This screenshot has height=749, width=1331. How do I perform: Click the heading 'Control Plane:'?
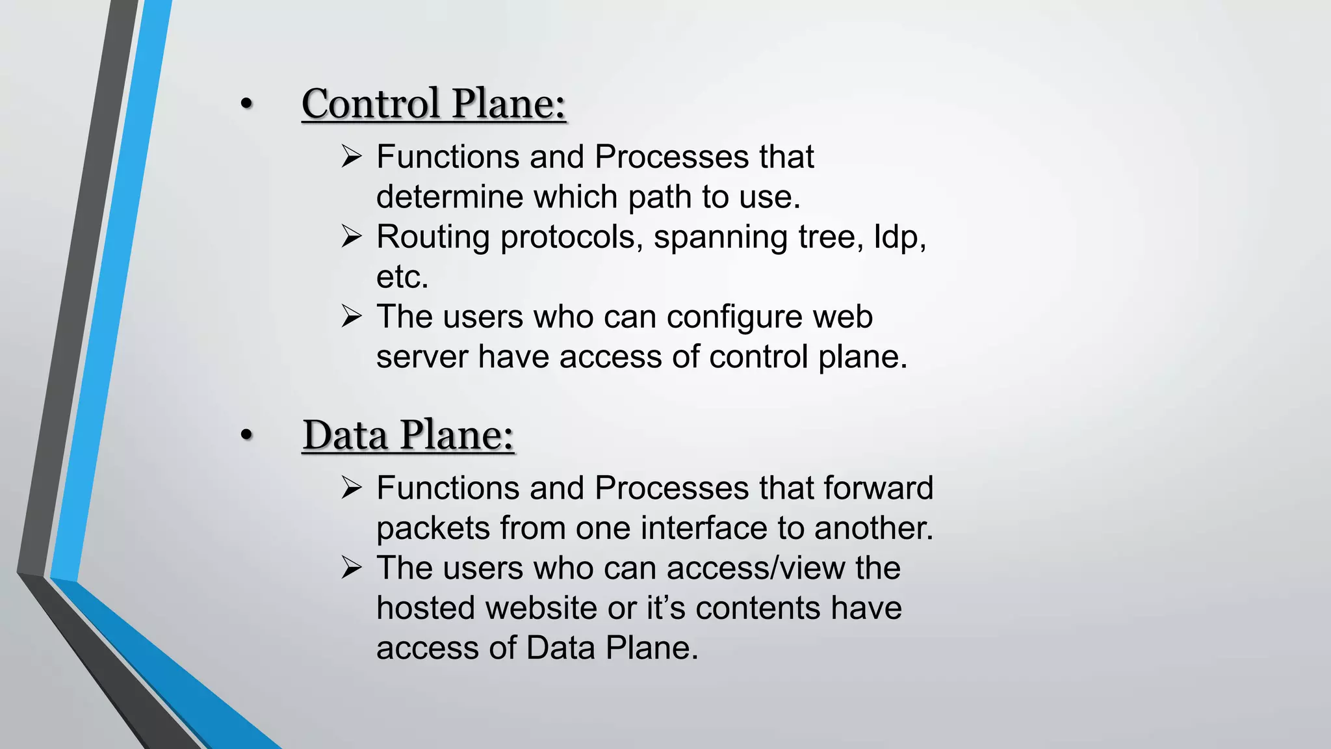pos(433,104)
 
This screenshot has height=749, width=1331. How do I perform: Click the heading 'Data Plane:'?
pos(408,435)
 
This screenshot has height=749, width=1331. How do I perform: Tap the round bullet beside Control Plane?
pos(246,104)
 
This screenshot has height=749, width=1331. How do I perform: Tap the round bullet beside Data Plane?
pos(246,435)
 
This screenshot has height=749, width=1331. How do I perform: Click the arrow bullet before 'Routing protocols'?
pos(352,236)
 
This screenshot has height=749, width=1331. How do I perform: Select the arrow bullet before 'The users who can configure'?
pos(352,317)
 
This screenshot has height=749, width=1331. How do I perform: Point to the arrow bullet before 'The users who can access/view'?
pos(352,568)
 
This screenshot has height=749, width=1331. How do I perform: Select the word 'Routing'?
pos(433,237)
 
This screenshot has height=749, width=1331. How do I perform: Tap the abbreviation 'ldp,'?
pos(899,237)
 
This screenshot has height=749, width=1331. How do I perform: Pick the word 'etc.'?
pos(402,277)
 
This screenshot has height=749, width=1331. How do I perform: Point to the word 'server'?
pos(422,357)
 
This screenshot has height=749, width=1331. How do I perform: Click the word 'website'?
pos(541,609)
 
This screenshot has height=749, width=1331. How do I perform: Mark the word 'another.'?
pos(873,528)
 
